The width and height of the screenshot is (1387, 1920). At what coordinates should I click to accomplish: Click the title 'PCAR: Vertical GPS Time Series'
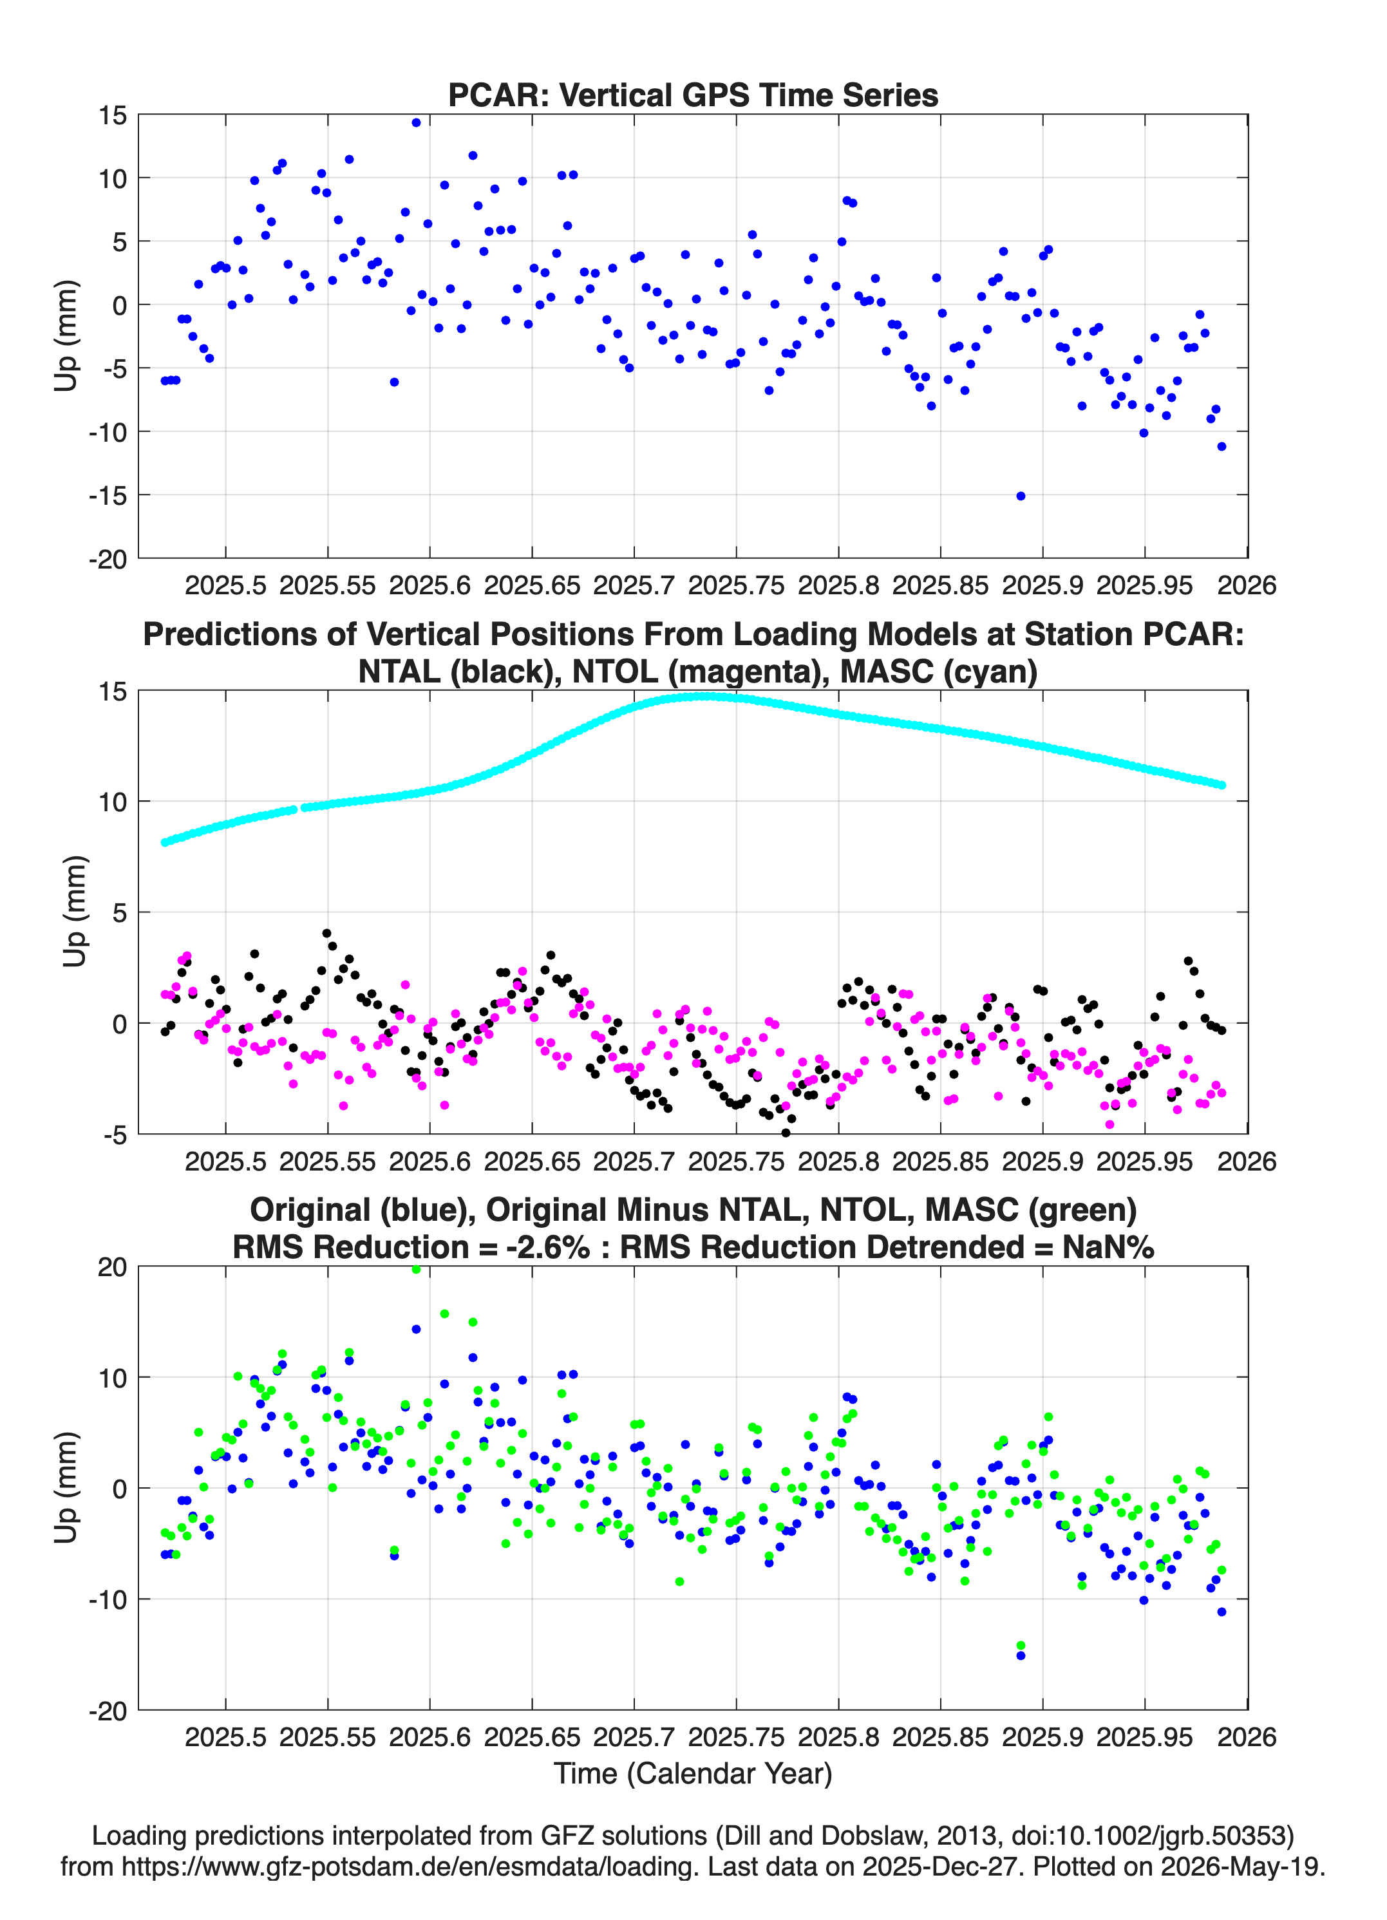pyautogui.click(x=693, y=95)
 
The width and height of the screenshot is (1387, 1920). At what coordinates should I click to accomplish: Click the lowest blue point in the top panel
pyautogui.click(x=1021, y=496)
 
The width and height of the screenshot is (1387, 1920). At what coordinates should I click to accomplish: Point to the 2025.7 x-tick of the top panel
pyautogui.click(x=634, y=585)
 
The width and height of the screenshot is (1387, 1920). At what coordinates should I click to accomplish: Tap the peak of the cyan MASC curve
pyautogui.click(x=703, y=696)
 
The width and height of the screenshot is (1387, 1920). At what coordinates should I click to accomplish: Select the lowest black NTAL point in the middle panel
pyautogui.click(x=785, y=1133)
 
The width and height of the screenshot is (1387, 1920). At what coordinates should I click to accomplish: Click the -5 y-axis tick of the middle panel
pyautogui.click(x=115, y=1135)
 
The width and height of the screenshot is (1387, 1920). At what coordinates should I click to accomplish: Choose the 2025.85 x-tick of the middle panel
pyautogui.click(x=940, y=1162)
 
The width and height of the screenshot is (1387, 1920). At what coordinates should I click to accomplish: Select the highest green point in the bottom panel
pyautogui.click(x=416, y=1269)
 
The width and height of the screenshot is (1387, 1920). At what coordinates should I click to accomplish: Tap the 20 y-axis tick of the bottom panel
pyautogui.click(x=112, y=1267)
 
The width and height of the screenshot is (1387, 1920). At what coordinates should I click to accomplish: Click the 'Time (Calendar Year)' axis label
pyautogui.click(x=693, y=1774)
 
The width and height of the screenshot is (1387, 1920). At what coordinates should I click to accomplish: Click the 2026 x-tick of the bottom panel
pyautogui.click(x=1247, y=1737)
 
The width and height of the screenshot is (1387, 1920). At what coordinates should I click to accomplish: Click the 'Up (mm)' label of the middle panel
pyautogui.click(x=75, y=912)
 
